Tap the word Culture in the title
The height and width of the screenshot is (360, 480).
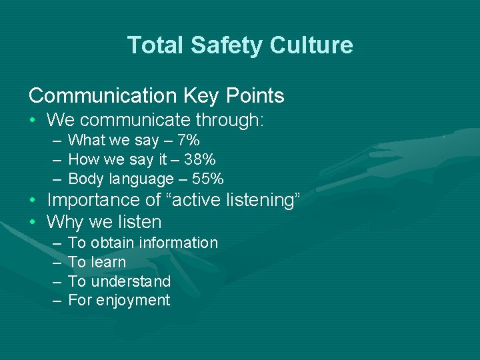click(311, 45)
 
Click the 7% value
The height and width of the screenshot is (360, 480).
click(189, 140)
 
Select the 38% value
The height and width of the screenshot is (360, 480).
click(201, 159)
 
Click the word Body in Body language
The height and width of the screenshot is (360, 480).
click(87, 179)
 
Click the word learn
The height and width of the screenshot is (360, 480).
click(109, 262)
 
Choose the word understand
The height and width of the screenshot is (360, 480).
click(131, 281)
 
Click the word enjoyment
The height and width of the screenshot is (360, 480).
click(133, 301)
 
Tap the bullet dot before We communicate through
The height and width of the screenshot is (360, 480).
click(33, 121)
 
